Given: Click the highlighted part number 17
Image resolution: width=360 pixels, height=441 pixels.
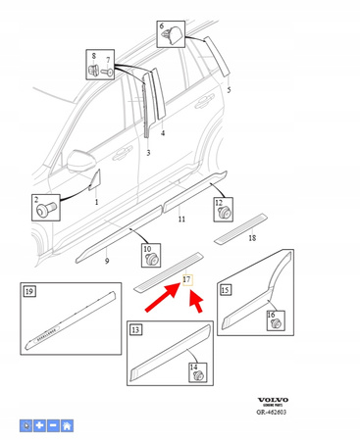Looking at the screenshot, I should (x=187, y=280).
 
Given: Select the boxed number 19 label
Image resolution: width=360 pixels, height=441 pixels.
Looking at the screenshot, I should (x=29, y=291).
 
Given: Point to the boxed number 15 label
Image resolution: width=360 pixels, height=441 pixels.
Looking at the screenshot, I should (x=226, y=290).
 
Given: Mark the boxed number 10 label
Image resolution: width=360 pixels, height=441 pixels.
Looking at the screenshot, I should (x=147, y=250).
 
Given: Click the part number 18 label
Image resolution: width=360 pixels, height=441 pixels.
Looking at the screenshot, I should (x=252, y=237).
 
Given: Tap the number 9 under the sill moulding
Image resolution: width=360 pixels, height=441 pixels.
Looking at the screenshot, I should (x=107, y=262).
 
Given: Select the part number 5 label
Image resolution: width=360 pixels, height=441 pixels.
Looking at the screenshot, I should (x=229, y=89).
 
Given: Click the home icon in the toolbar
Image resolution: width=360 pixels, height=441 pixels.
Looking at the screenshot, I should (x=67, y=426).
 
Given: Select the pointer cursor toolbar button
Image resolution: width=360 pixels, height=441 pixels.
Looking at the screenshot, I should (x=26, y=426).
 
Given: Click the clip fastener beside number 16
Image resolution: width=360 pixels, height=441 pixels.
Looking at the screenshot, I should (x=274, y=322).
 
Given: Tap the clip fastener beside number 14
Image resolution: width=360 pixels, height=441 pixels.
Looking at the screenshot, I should (x=196, y=373).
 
